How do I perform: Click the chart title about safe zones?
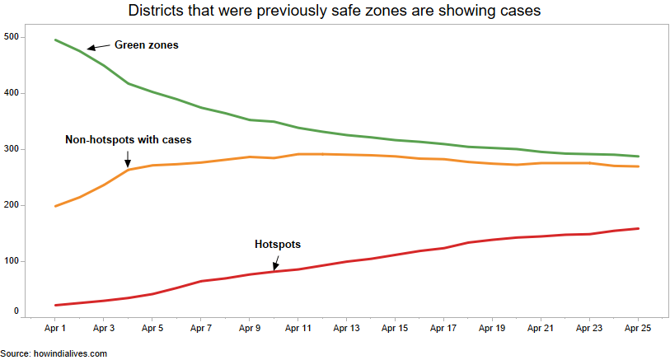coord(335,12)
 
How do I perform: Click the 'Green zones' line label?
coord(146,45)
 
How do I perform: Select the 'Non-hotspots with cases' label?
coord(128,140)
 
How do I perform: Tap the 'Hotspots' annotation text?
coord(278,245)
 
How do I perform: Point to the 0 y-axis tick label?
coord(16,311)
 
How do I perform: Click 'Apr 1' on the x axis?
coord(55,328)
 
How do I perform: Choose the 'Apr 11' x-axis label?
coord(298,328)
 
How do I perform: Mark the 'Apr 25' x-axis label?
coord(638,328)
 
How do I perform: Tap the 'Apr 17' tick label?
coord(443,328)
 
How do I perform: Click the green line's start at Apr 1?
coord(55,40)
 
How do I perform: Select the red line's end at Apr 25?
coord(639,228)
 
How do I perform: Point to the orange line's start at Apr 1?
coord(55,206)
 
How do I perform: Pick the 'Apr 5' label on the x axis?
coord(152,328)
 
